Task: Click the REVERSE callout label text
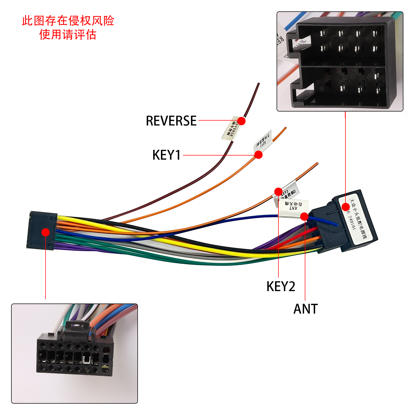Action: click(171, 121)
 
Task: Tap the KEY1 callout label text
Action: click(166, 155)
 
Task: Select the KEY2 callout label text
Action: click(281, 286)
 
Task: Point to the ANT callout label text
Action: click(306, 309)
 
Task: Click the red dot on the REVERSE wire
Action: click(241, 121)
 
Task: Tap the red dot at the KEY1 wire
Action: click(258, 155)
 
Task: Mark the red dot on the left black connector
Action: click(46, 232)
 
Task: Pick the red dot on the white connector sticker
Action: click(346, 207)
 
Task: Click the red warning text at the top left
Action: click(68, 28)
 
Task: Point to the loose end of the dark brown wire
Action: click(258, 84)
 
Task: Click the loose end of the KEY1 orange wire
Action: click(286, 128)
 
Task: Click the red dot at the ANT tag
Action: click(305, 216)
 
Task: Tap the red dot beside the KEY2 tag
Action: click(278, 191)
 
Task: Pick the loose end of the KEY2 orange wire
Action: click(317, 163)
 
